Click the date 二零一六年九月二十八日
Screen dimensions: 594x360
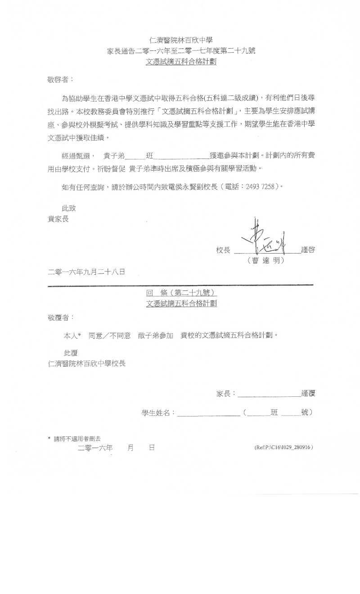tap(86, 272)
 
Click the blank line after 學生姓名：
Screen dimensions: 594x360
tap(208, 413)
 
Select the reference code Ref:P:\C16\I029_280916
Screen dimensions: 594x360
tap(283, 448)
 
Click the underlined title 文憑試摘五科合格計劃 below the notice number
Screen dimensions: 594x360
tap(181, 62)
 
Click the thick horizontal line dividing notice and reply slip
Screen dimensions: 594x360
tap(180, 285)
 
